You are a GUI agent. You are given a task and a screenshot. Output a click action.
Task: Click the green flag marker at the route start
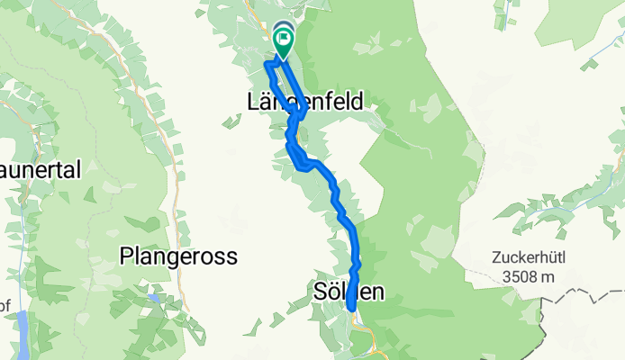[x=283, y=40]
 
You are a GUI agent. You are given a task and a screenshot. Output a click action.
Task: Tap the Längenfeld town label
[x=304, y=103]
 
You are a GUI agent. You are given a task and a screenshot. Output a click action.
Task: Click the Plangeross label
[x=177, y=256]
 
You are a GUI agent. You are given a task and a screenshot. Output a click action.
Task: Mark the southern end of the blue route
[x=350, y=311]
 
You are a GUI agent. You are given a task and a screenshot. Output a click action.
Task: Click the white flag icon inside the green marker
[x=284, y=39]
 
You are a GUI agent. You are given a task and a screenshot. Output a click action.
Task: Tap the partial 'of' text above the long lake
[x=5, y=306]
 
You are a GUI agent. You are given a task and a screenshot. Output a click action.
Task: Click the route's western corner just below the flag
[x=266, y=64]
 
